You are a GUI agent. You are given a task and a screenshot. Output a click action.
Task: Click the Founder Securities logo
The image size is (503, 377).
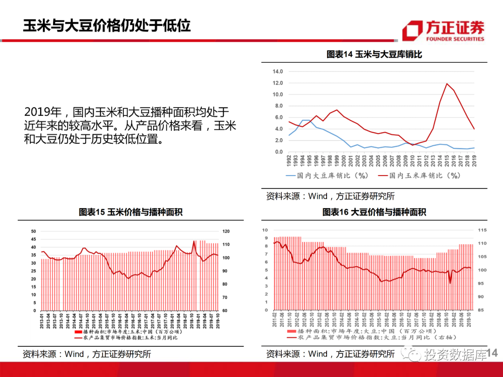(443, 31)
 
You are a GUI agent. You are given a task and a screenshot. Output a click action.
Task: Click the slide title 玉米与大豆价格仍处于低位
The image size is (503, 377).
(107, 26)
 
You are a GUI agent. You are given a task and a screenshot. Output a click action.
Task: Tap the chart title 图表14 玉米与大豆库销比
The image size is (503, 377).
(374, 54)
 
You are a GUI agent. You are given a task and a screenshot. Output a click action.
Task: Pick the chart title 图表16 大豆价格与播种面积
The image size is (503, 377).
(374, 212)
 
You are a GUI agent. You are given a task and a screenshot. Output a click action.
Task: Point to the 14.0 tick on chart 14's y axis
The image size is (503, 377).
(278, 72)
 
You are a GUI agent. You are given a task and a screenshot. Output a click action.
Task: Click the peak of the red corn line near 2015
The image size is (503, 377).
(447, 84)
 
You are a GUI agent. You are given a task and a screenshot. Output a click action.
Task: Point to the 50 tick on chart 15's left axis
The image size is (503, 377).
(33, 231)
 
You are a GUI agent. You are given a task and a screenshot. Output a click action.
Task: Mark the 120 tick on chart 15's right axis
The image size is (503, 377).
(226, 231)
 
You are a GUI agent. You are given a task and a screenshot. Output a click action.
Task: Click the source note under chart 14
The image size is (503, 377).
(330, 196)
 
